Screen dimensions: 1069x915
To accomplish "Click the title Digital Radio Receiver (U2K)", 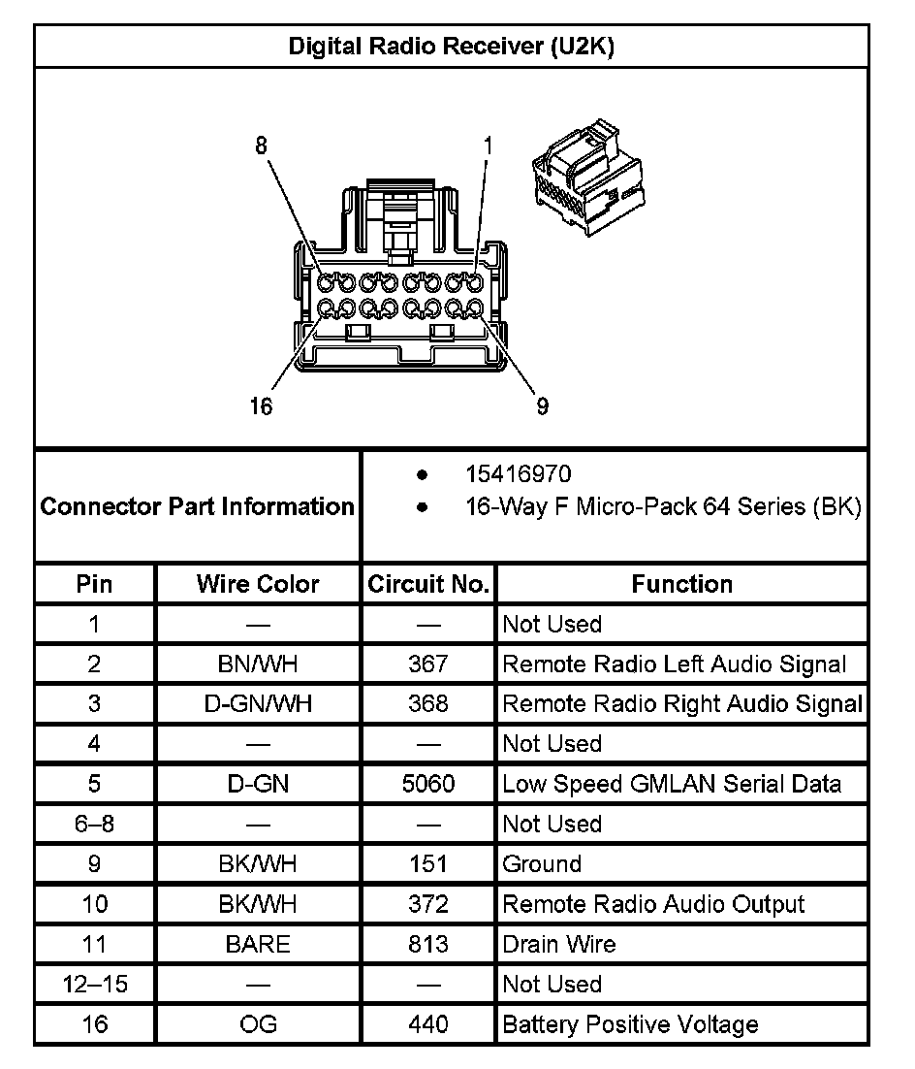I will pyautogui.click(x=451, y=48).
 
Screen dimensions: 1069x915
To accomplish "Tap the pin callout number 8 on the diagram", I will pyautogui.click(x=260, y=146).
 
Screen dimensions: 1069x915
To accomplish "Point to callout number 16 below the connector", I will pyautogui.click(x=260, y=405).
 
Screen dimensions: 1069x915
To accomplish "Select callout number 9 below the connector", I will pyautogui.click(x=542, y=405).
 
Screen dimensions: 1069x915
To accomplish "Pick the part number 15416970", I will pyautogui.click(x=519, y=474).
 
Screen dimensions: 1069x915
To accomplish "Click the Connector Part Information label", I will pyautogui.click(x=198, y=506).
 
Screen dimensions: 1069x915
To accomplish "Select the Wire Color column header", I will pyautogui.click(x=258, y=584).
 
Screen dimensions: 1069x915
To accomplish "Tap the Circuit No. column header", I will pyautogui.click(x=428, y=584).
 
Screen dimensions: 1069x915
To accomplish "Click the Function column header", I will pyautogui.click(x=682, y=584).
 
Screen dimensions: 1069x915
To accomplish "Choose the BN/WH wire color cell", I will pyautogui.click(x=258, y=664).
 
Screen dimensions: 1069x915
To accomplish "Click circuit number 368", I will pyautogui.click(x=428, y=704).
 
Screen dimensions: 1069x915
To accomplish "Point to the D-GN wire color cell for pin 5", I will pyautogui.click(x=258, y=784).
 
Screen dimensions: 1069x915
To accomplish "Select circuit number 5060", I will pyautogui.click(x=428, y=784).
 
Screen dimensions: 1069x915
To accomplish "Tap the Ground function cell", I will pyautogui.click(x=542, y=864).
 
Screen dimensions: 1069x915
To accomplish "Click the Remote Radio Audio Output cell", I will pyautogui.click(x=653, y=904).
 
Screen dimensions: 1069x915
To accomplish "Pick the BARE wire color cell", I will pyautogui.click(x=258, y=944).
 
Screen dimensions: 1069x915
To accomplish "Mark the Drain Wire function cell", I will pyautogui.click(x=559, y=944).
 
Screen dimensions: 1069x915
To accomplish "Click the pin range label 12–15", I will pyautogui.click(x=94, y=984).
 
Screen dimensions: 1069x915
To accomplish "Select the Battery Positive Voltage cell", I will pyautogui.click(x=630, y=1024).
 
